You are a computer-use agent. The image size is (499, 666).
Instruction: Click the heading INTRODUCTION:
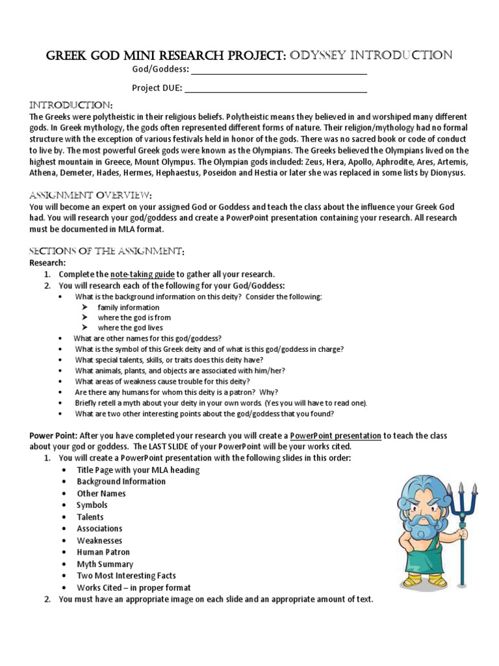click(71, 105)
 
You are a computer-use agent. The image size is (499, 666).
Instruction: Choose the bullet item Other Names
click(101, 493)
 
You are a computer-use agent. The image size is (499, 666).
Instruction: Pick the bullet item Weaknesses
click(99, 540)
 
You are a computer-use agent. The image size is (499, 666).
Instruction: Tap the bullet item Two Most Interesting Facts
click(126, 576)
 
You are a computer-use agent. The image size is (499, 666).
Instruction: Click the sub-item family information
click(128, 307)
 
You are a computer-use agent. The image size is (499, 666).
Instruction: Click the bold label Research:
click(47, 263)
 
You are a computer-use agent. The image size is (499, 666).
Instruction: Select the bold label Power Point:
click(52, 435)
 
